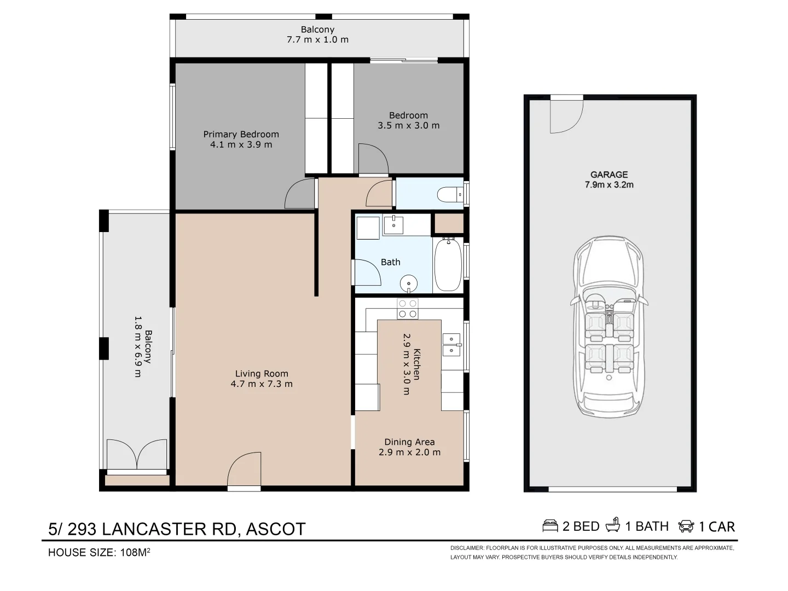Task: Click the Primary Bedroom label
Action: click(241, 134)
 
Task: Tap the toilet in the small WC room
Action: click(450, 195)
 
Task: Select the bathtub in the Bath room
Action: click(448, 264)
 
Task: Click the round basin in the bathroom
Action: click(409, 283)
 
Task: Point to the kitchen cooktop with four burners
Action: click(408, 309)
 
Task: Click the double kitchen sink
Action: click(451, 345)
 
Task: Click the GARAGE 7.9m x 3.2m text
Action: click(609, 180)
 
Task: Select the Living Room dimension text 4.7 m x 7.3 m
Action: click(262, 384)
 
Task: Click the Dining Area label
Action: click(409, 442)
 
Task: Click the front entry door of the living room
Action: click(244, 470)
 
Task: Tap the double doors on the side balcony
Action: click(137, 454)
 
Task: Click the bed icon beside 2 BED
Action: click(550, 526)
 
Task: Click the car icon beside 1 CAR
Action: click(686, 526)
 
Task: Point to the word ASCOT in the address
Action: click(276, 529)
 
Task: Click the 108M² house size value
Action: click(135, 552)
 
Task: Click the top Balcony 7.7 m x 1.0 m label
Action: click(317, 34)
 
